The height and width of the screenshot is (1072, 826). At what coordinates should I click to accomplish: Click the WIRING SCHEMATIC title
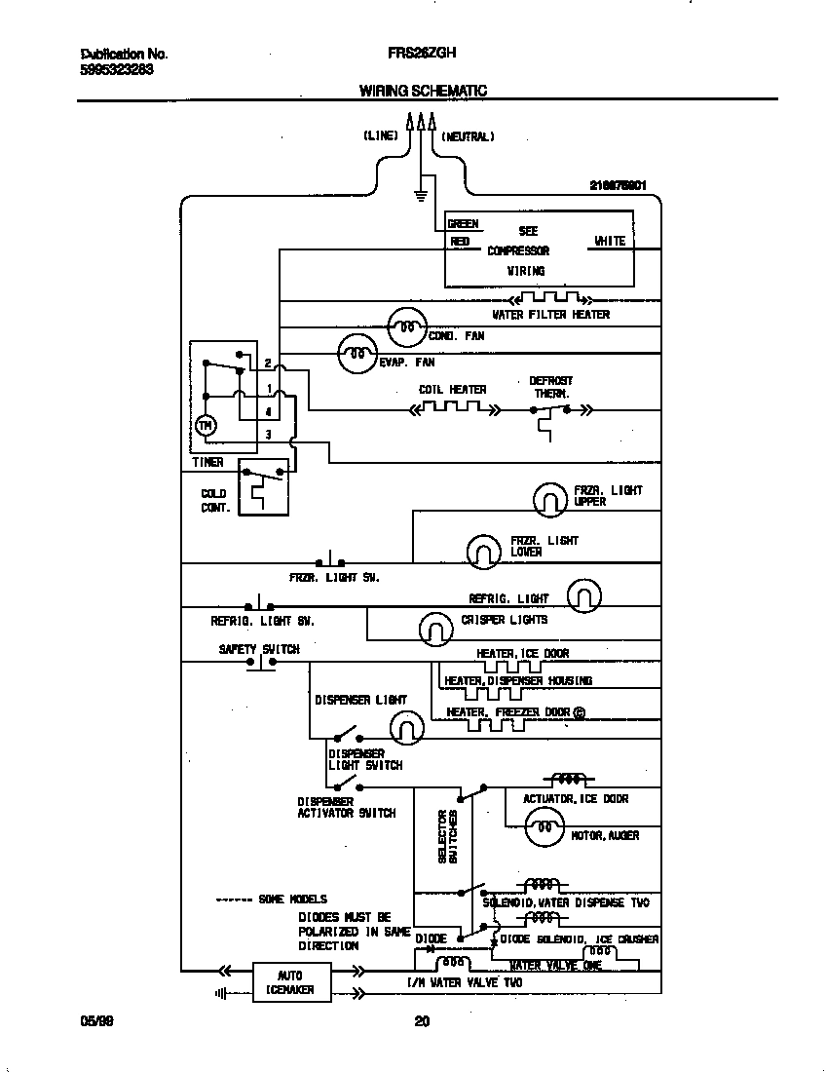[x=423, y=91]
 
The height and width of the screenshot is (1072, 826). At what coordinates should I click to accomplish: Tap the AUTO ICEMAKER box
[x=290, y=982]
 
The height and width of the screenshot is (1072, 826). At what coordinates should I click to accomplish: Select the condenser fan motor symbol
[x=406, y=328]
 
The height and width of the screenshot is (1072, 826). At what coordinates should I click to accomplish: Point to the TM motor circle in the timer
[x=206, y=426]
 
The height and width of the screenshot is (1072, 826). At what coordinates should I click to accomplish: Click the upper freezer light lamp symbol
[x=550, y=500]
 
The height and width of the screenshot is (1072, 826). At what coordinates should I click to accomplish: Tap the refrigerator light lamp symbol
[x=583, y=595]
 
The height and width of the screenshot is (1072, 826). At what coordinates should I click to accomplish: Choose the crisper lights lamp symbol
[x=435, y=628]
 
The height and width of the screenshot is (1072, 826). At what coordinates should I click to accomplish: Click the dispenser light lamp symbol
[x=407, y=727]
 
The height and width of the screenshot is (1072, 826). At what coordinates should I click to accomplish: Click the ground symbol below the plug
[x=421, y=195]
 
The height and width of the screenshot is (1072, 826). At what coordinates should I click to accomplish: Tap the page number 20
[x=422, y=1021]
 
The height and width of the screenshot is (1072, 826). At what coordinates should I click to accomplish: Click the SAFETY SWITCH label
[x=258, y=649]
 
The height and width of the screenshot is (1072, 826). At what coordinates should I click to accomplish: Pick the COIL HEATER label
[x=452, y=390]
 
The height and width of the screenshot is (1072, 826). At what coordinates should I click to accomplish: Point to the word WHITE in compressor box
[x=610, y=241]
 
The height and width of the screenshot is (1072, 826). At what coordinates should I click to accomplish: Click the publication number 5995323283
[x=115, y=70]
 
